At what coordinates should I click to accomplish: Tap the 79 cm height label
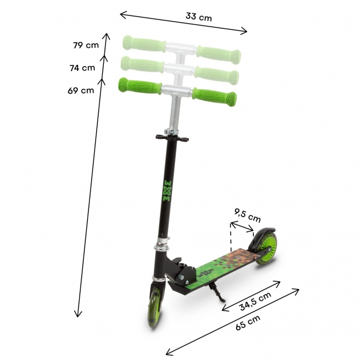click(85, 45)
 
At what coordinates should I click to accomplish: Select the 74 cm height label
click(82, 67)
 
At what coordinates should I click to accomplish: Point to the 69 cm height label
click(81, 91)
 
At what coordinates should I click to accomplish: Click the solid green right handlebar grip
click(214, 96)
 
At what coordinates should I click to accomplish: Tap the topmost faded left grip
click(143, 42)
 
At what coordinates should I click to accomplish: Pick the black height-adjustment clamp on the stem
click(172, 137)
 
